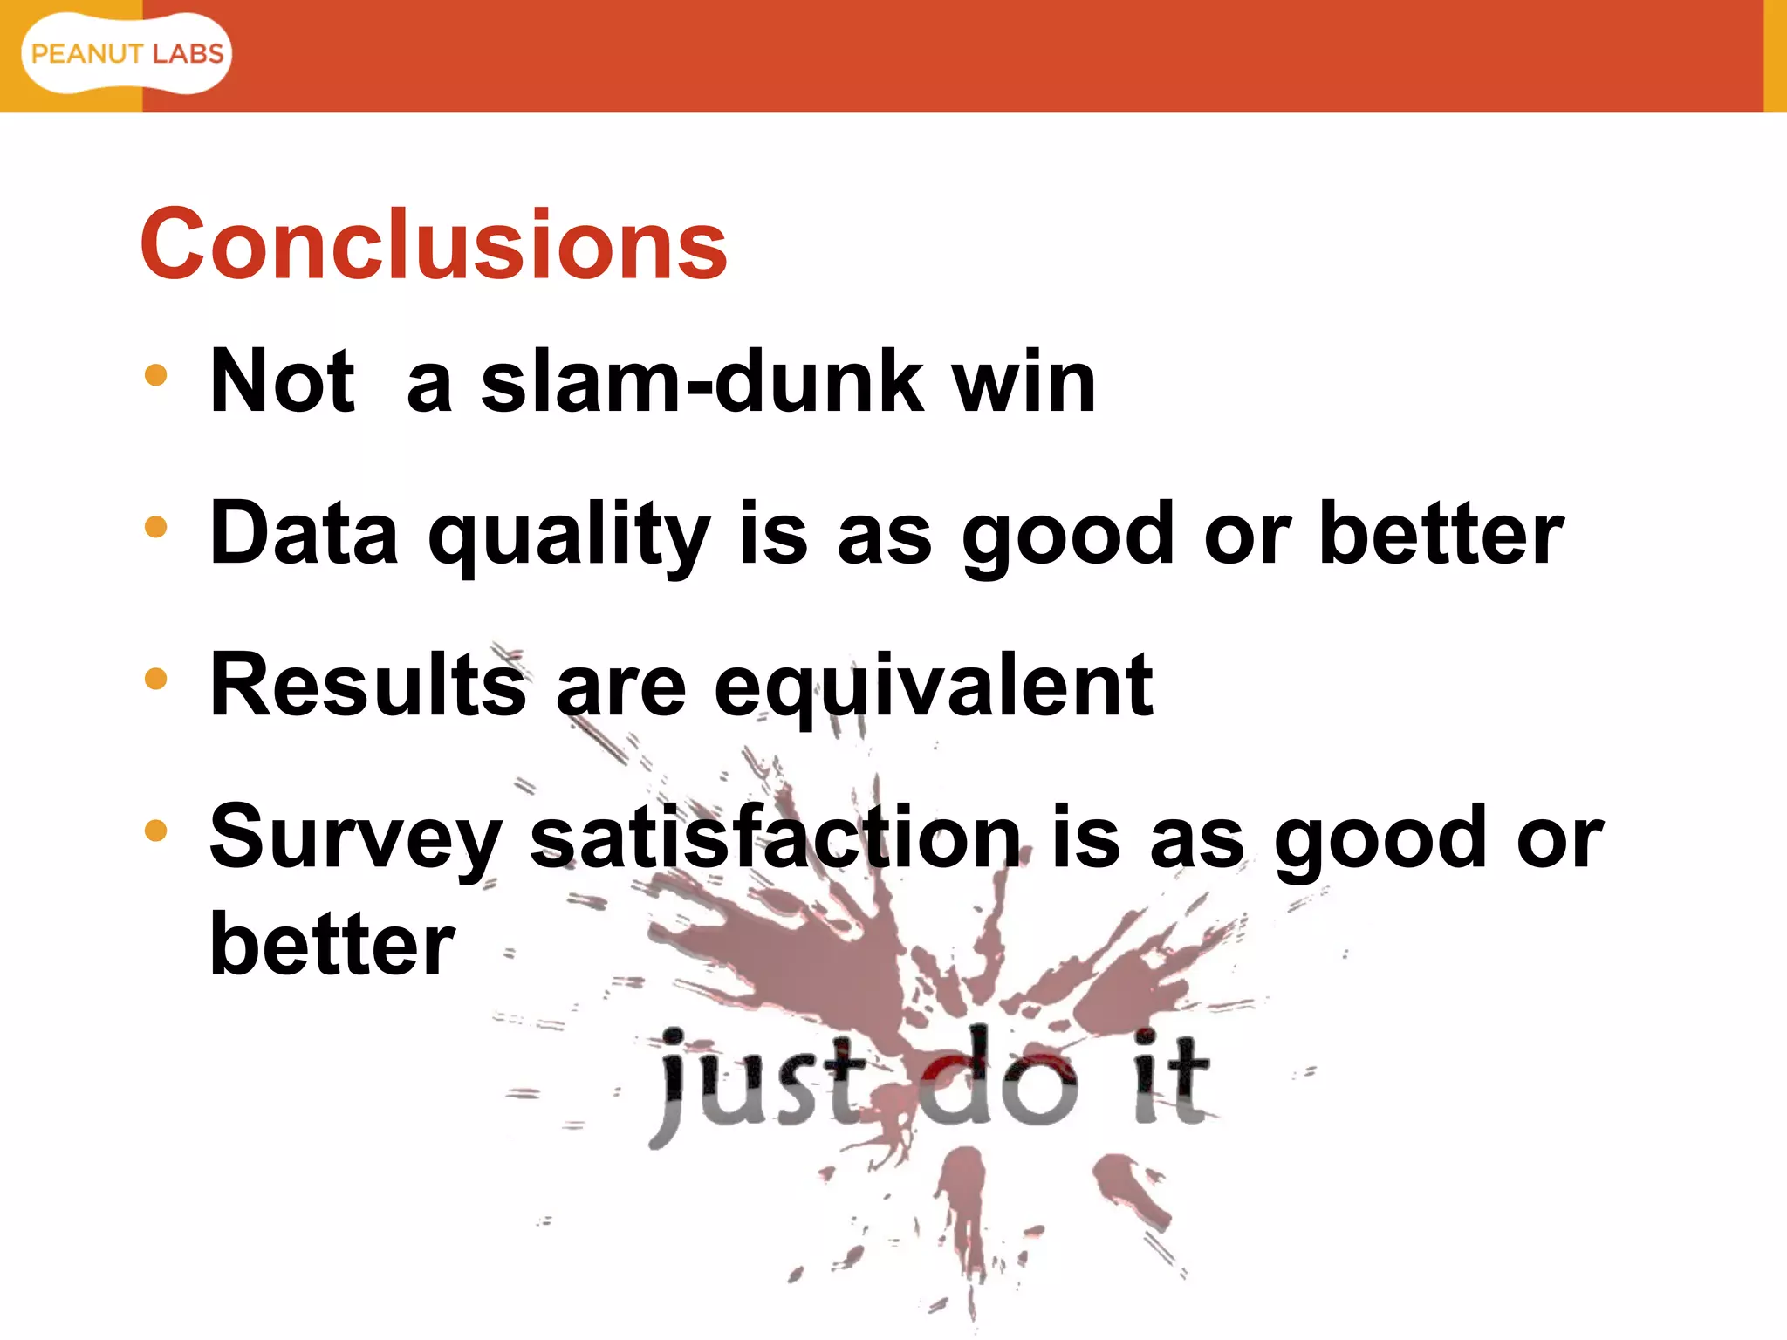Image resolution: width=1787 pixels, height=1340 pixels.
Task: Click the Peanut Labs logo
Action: (127, 54)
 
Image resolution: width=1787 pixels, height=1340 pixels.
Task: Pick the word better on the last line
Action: (332, 944)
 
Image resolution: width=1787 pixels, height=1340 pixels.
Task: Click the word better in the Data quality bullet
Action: (1441, 533)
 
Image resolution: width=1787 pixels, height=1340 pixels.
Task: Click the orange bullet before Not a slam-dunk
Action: (155, 376)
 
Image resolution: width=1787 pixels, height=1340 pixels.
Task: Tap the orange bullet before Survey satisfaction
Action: (155, 830)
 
